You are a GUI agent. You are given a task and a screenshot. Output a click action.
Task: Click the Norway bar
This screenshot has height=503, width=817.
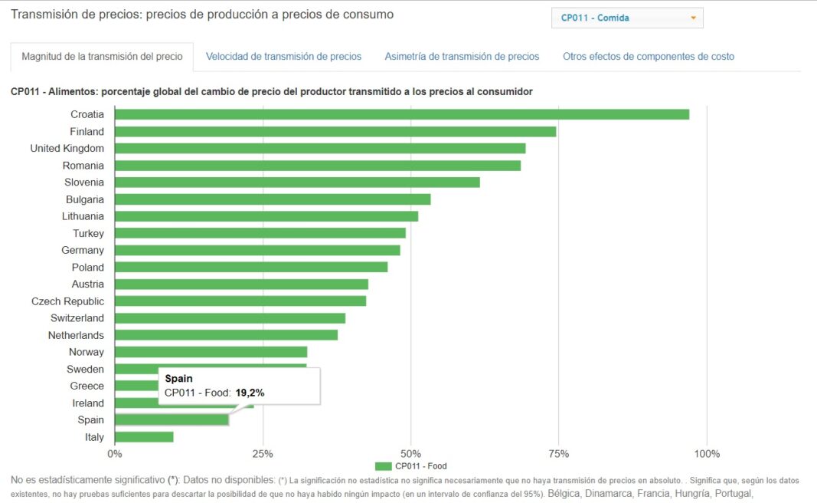pos(211,352)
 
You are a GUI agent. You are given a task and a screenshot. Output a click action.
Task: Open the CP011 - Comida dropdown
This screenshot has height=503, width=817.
pos(627,18)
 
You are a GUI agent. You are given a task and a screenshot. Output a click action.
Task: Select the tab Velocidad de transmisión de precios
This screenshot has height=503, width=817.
pos(283,57)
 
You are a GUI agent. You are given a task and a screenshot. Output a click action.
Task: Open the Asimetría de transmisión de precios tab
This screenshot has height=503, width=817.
pos(462,57)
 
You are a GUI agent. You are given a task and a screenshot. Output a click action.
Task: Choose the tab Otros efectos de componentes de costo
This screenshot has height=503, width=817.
pos(648,57)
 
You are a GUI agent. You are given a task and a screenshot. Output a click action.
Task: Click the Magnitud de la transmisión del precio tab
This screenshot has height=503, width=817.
pos(102,57)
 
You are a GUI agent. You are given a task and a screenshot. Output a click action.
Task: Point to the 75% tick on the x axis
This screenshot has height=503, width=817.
pos(559,453)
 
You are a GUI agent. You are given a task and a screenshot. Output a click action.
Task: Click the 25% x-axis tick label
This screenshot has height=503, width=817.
pos(263,453)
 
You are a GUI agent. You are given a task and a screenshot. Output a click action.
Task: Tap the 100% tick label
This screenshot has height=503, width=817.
pos(707,453)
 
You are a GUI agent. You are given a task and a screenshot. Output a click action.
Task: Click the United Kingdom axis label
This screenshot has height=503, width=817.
pos(67,149)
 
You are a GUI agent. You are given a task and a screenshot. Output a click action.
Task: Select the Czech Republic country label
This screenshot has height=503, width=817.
pos(67,301)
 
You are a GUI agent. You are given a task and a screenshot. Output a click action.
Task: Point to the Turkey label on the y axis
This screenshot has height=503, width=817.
pos(88,233)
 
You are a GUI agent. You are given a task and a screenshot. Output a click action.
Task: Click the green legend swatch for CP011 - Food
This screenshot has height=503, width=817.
pos(384,466)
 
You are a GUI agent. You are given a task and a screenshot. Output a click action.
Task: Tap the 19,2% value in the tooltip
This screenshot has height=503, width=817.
pos(250,393)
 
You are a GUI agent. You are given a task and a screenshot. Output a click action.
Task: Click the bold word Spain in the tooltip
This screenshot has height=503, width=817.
pos(178,379)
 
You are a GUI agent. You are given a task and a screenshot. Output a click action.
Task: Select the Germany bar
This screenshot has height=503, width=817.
pos(257,250)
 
